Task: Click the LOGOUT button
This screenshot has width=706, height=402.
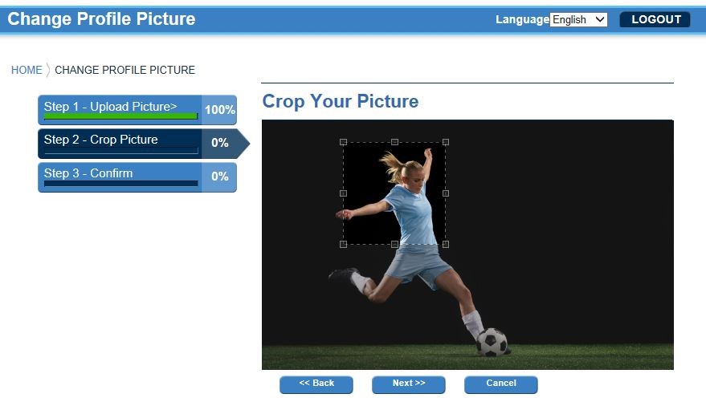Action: (x=655, y=19)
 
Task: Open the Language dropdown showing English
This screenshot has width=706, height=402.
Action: (x=578, y=19)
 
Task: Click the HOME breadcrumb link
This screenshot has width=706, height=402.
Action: (x=27, y=70)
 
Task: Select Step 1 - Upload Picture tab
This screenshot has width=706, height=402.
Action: (x=120, y=110)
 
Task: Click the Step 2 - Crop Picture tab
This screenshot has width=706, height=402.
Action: (x=120, y=144)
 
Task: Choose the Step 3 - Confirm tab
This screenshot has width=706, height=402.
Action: (x=120, y=177)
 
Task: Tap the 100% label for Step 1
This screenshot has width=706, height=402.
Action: (x=220, y=110)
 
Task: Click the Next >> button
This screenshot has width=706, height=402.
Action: (x=408, y=384)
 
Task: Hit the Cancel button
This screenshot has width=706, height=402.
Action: (x=500, y=384)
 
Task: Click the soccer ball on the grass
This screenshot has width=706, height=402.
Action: (x=492, y=342)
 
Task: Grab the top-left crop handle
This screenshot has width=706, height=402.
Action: (x=343, y=142)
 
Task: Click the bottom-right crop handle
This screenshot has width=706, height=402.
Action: (x=446, y=244)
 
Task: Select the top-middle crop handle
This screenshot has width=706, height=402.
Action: (x=394, y=142)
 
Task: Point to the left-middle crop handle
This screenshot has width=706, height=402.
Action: (x=343, y=193)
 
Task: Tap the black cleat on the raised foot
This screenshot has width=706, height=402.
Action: (x=343, y=274)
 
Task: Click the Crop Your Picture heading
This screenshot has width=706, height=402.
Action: (x=341, y=101)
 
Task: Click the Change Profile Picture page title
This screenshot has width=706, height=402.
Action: (x=101, y=19)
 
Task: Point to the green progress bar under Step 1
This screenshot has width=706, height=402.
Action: (x=120, y=116)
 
